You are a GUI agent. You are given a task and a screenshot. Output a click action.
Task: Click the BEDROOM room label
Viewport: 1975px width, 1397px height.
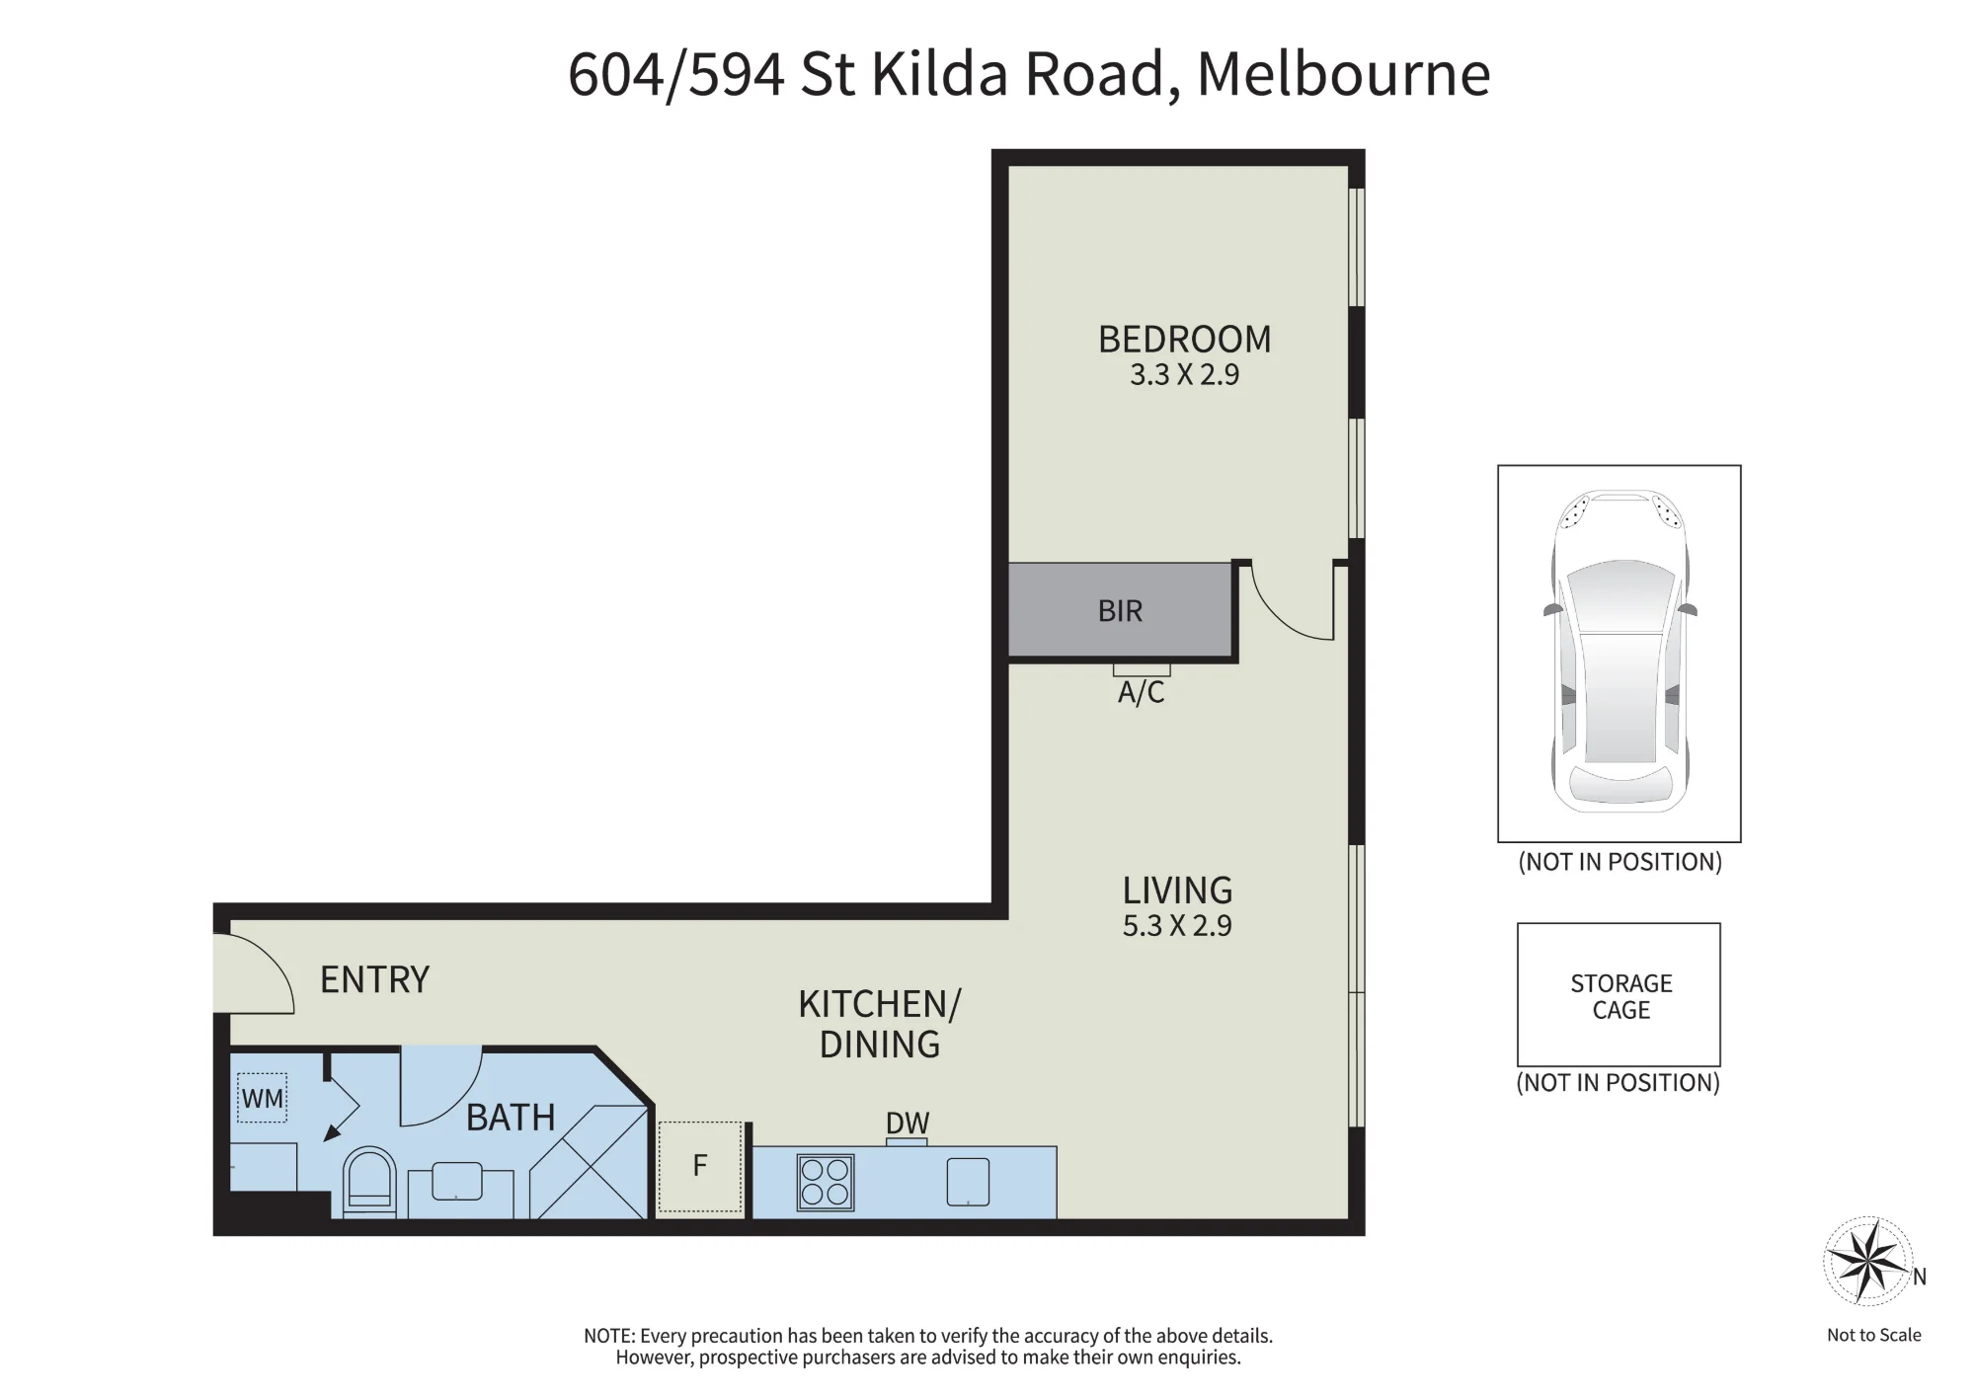1184,340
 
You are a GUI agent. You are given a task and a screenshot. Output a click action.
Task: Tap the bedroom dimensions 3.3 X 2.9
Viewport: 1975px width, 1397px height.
1184,375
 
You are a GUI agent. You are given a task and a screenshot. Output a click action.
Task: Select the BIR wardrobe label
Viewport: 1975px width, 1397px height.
1120,611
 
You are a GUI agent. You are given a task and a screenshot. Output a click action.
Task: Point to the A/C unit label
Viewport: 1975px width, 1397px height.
1141,692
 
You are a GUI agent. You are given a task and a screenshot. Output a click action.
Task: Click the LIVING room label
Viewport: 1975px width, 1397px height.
1177,891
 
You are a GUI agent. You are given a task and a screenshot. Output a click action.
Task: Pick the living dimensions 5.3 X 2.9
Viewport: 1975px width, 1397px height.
1177,926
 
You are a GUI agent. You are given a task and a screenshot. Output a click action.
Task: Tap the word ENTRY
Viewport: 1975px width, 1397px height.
374,979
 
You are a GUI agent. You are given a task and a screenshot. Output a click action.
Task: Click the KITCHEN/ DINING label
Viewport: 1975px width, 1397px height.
879,1024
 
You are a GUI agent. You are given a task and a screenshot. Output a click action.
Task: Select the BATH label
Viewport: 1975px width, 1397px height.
511,1118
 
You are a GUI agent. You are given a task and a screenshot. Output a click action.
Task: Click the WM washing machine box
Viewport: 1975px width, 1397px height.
262,1098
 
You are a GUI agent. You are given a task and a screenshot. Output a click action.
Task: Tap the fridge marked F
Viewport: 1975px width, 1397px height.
699,1166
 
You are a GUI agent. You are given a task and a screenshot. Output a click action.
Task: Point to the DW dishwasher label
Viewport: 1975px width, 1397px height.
908,1124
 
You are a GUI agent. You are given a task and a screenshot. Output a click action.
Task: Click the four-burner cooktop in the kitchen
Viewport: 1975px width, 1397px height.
826,1182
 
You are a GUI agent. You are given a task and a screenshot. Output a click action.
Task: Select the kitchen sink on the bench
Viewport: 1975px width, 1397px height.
968,1181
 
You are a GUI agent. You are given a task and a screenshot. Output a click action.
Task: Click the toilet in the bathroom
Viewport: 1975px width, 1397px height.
369,1182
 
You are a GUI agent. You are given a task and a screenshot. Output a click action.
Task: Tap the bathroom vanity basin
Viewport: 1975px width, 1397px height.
457,1181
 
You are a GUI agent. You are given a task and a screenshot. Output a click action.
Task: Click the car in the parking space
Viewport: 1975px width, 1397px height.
1619,652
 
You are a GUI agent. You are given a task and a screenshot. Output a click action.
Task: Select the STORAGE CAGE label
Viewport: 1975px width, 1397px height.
1620,996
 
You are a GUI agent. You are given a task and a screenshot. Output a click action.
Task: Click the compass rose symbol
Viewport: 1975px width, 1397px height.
1866,1260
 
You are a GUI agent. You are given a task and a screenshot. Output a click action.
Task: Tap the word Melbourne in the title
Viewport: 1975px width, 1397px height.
1343,73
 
